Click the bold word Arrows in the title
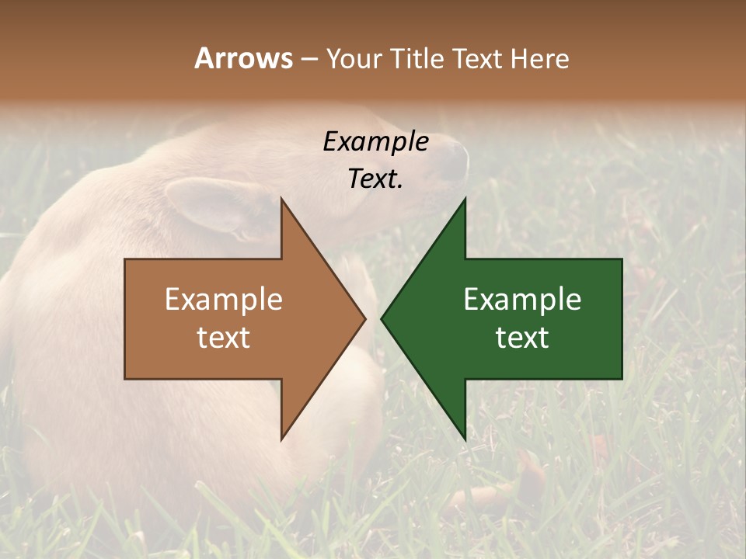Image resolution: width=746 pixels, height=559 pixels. click(242, 58)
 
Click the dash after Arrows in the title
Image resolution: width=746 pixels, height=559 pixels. click(309, 59)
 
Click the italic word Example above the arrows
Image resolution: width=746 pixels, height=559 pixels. click(376, 141)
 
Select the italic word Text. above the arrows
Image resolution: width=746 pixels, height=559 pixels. click(376, 179)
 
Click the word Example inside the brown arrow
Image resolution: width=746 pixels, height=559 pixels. click(224, 299)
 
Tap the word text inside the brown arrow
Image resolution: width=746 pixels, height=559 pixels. click(224, 337)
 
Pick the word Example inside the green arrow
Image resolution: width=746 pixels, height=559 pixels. click(522, 299)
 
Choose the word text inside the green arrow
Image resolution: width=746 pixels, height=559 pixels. click(522, 337)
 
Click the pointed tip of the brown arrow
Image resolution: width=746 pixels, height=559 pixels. click(364, 318)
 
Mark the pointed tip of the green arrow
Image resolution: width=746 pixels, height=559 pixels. click(382, 318)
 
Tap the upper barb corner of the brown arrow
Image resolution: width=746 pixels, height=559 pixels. click(282, 200)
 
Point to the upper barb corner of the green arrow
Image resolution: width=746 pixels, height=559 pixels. click(465, 200)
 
